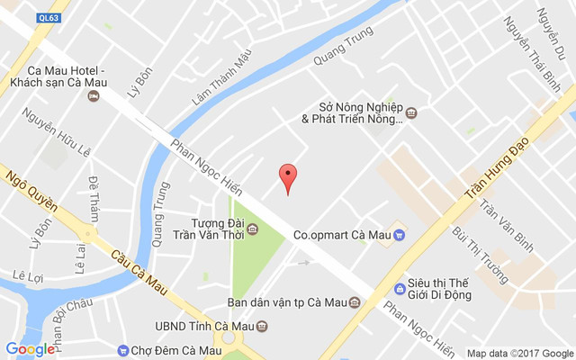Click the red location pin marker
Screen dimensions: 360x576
pyautogui.click(x=287, y=176)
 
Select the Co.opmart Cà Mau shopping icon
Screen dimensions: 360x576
pyautogui.click(x=399, y=236)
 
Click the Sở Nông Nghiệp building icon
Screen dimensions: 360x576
pyautogui.click(x=411, y=112)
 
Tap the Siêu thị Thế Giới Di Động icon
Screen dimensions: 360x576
pyautogui.click(x=400, y=289)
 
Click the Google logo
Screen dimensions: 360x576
pyautogui.click(x=30, y=349)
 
